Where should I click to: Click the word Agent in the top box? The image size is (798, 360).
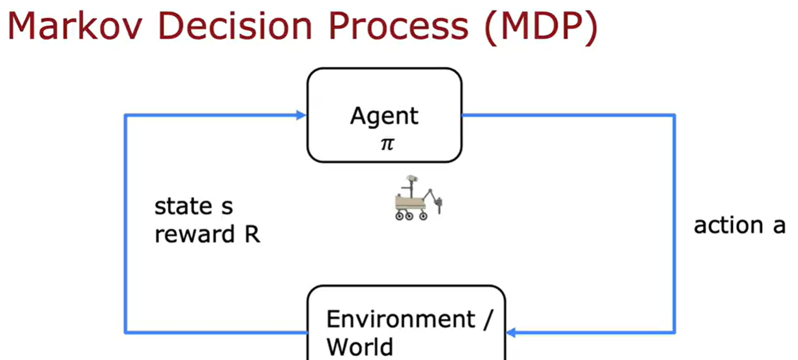coord(384,116)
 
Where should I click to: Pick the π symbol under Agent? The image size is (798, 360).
coord(387,144)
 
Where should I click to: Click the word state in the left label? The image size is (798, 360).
coord(179,207)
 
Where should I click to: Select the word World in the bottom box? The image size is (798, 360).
coord(360,346)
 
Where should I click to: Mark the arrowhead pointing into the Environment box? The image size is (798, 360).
coord(511,332)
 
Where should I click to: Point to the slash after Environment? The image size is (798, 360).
coord(488,319)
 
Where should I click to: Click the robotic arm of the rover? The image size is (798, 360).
coord(437,197)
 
